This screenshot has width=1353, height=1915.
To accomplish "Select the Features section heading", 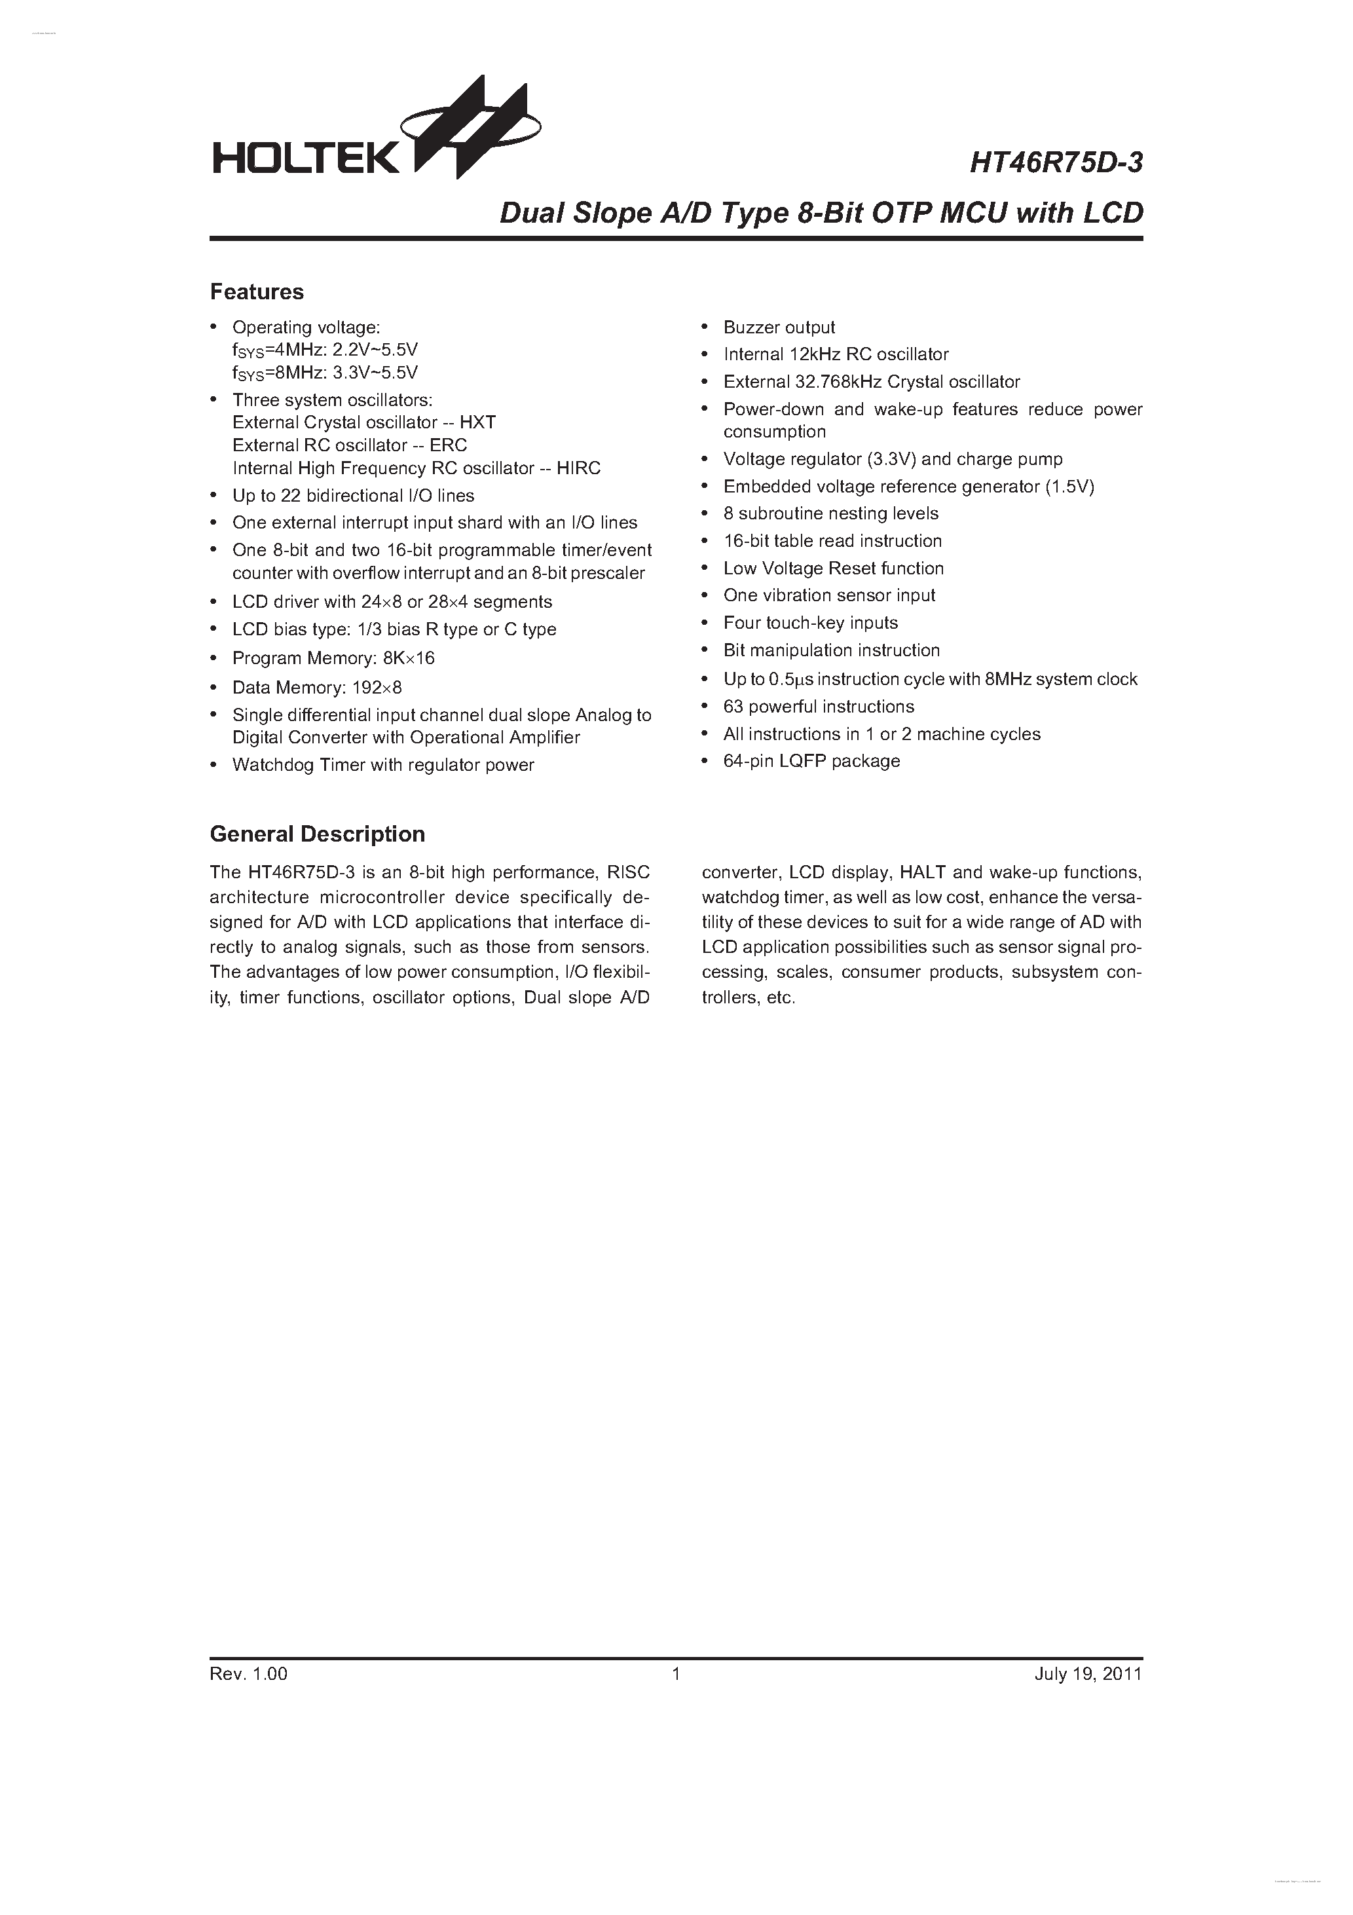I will coord(257,292).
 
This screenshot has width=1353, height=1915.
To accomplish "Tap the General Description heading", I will coord(317,834).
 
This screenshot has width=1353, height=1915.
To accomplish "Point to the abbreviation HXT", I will coord(478,423).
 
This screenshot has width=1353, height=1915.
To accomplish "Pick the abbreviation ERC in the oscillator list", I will coord(448,445).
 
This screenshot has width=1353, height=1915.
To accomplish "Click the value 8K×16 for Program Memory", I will coord(409,659).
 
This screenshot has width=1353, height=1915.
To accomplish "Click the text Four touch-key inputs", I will coord(810,623).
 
